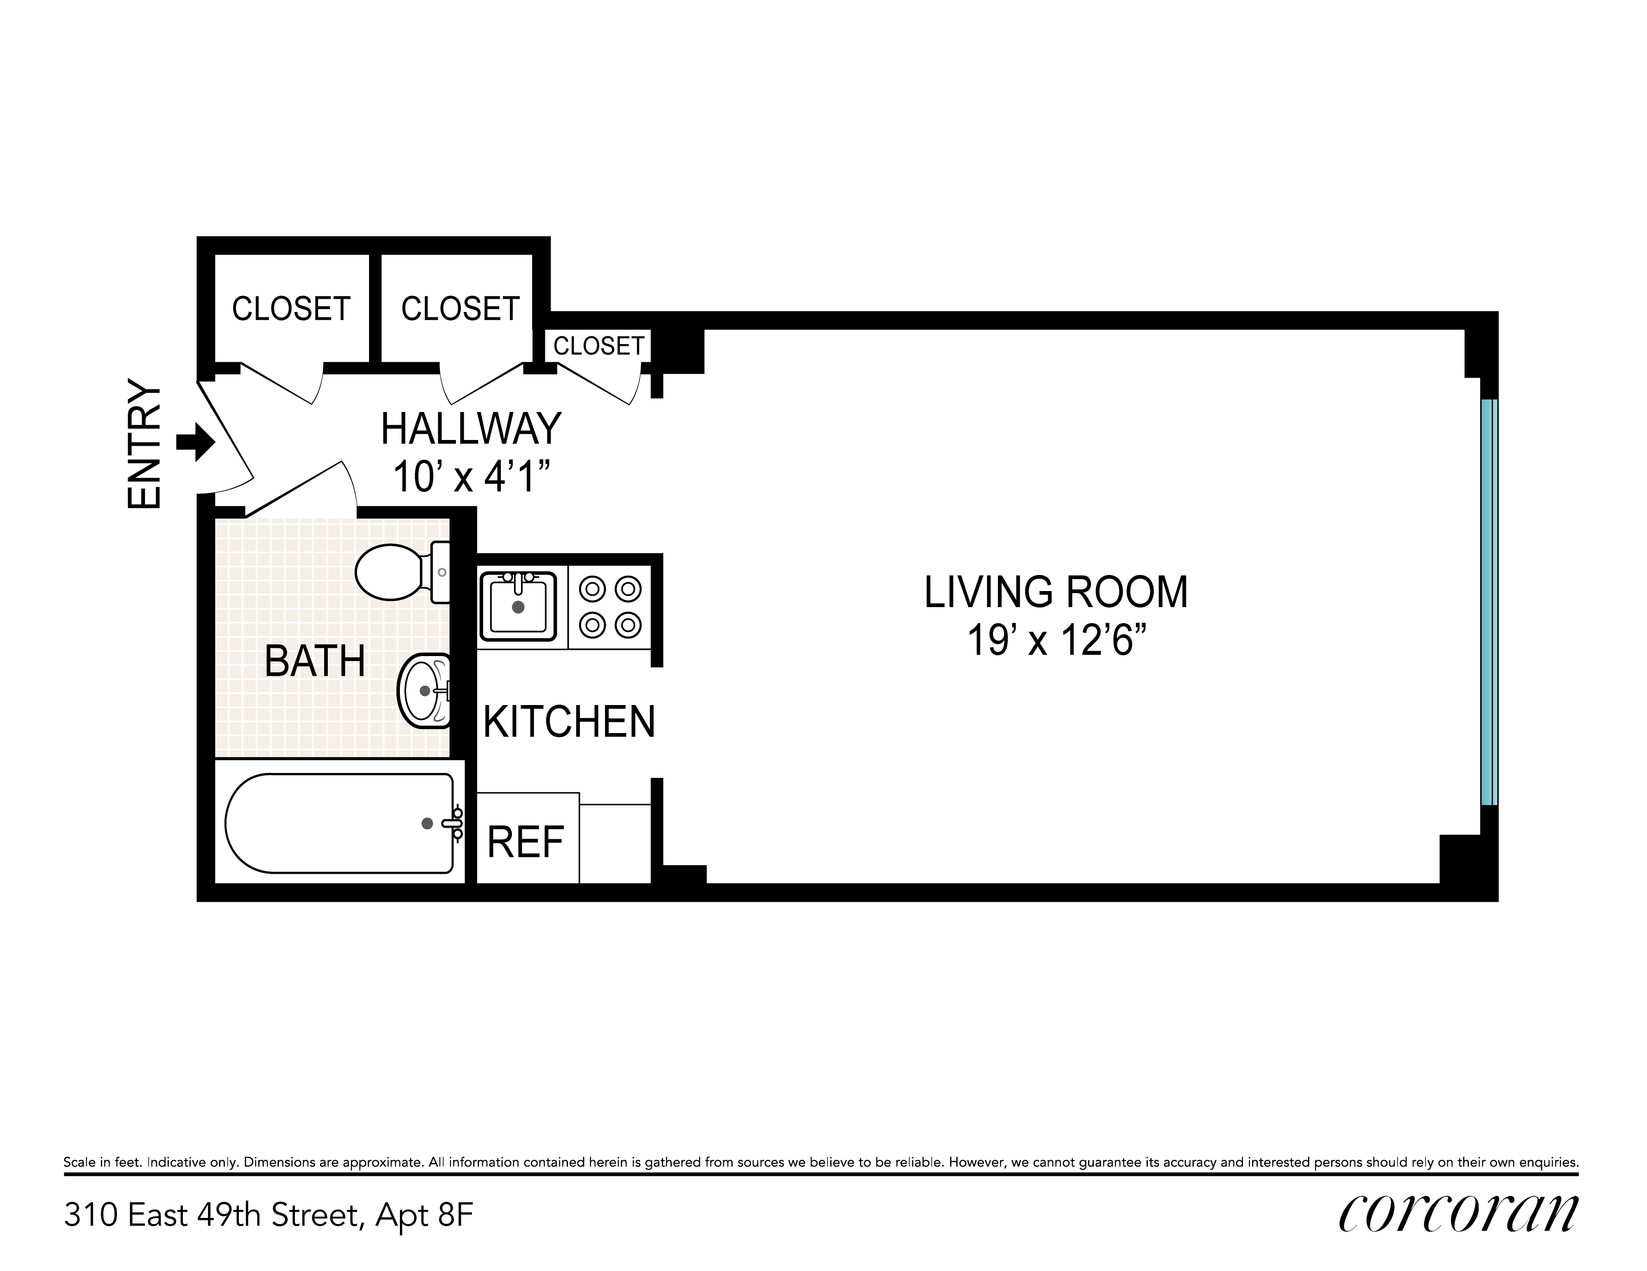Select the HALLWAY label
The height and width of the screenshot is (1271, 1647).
click(471, 429)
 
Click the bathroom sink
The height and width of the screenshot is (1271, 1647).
click(424, 691)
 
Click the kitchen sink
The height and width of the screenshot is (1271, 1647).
click(518, 605)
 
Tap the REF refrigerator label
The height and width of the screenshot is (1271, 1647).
click(526, 842)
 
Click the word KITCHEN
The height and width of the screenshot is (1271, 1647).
click(569, 722)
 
